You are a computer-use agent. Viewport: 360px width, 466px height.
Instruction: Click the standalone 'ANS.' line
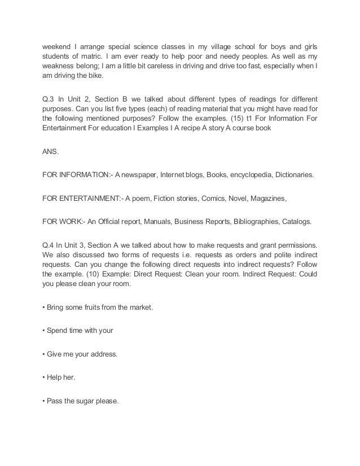click(x=51, y=151)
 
